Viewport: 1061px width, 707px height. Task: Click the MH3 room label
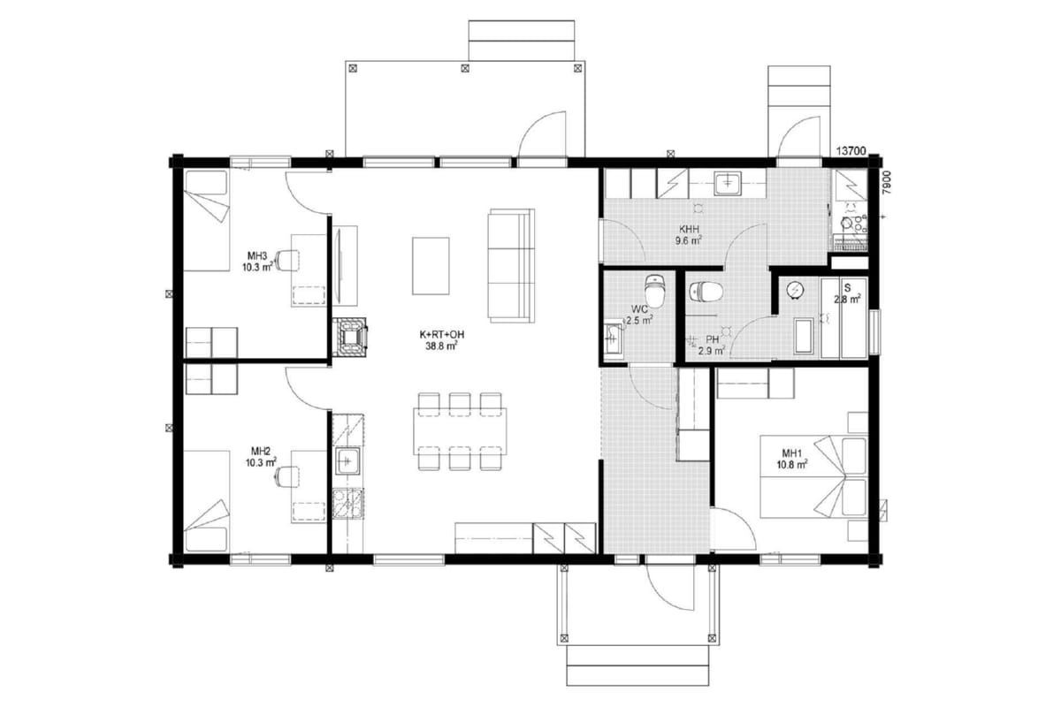257,256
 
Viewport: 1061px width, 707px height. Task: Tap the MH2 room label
261,451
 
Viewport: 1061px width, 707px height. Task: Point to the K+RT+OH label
441,334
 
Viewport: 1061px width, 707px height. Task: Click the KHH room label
689,229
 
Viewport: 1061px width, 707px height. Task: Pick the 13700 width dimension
851,151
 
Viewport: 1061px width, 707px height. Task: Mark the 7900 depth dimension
887,182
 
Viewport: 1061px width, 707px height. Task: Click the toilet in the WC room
655,290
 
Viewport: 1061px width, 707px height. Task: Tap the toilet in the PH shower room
706,292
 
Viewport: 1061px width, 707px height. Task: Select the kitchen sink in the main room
347,460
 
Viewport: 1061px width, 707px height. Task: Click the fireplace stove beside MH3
350,337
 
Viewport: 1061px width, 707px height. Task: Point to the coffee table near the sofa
431,266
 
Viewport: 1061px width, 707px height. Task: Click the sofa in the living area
512,266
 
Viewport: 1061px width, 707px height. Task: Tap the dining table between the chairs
460,431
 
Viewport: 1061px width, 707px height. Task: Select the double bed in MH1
813,477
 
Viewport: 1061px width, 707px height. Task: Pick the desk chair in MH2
287,476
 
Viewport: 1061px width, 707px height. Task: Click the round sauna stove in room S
795,290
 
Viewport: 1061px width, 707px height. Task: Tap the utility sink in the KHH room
729,184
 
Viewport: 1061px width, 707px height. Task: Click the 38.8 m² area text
441,346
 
